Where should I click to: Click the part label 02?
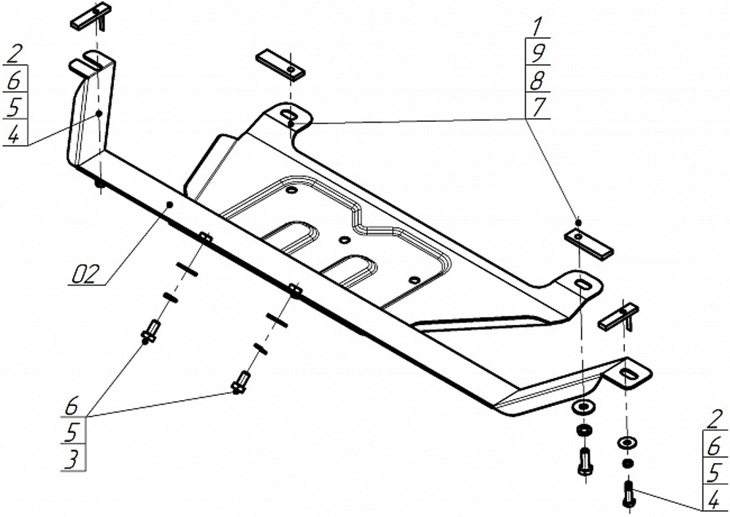click(85, 275)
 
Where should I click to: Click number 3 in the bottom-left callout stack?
click(72, 459)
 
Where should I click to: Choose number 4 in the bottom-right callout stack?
click(715, 500)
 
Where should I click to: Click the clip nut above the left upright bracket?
click(91, 16)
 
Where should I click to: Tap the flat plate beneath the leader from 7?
click(588, 243)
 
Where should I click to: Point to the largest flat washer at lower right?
click(584, 405)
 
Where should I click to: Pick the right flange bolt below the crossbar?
click(240, 382)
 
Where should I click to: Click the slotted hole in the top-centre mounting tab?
click(288, 115)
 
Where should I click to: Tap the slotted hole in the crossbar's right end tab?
click(629, 374)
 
